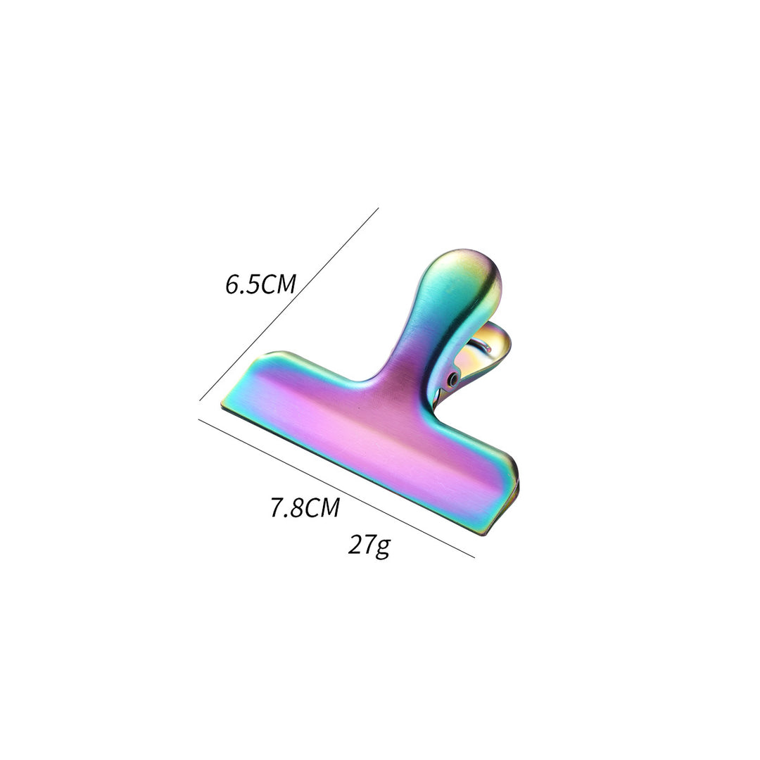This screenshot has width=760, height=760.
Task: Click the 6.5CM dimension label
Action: coord(260,284)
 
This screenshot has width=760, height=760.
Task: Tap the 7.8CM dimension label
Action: coord(305,508)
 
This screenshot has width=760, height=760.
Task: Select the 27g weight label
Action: coord(369,546)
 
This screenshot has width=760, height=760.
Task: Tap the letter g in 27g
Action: coord(382,549)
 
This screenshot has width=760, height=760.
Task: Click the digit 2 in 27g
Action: coord(355,545)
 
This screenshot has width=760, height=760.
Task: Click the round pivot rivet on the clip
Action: coord(454,379)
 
